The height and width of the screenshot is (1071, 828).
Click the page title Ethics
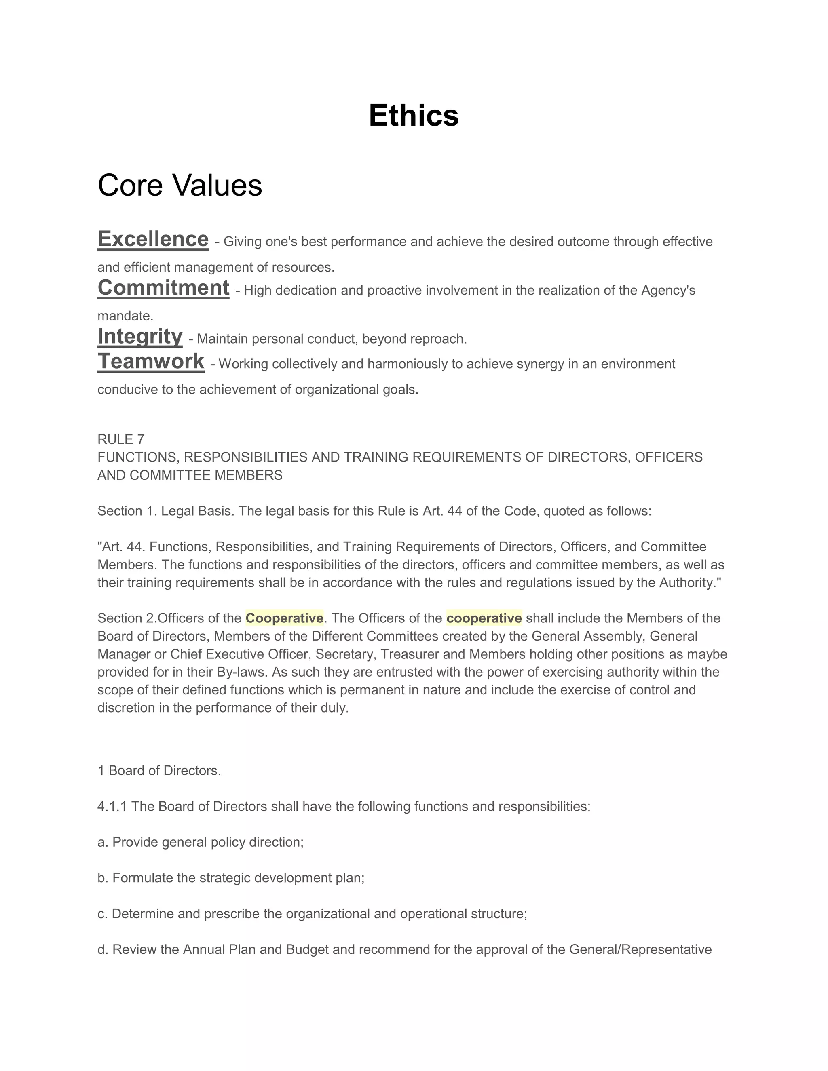(414, 116)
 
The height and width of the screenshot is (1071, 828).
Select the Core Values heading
(180, 186)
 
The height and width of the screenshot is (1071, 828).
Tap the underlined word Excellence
(153, 239)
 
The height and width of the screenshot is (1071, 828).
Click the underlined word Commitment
(163, 288)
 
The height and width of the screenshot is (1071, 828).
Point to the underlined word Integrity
(140, 336)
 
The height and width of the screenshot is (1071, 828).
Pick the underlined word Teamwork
(150, 361)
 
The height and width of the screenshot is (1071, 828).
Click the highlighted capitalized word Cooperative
(285, 618)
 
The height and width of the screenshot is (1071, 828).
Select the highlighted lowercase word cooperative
(484, 618)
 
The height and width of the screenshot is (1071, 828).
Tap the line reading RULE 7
(120, 439)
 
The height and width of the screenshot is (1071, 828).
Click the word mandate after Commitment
(125, 316)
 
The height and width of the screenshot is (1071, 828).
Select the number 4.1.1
(112, 807)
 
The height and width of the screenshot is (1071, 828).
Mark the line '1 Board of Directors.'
(159, 770)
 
